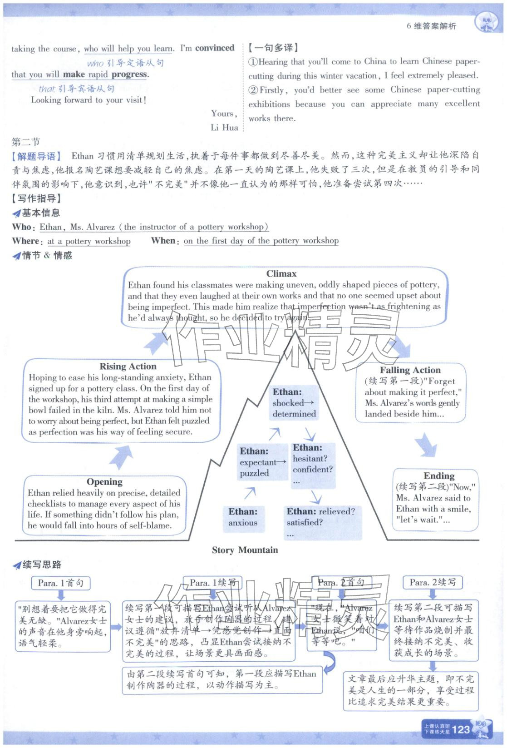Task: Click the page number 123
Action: [461, 729]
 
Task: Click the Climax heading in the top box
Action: [281, 273]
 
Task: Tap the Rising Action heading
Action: [128, 366]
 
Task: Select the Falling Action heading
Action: [410, 370]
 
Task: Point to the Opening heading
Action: [104, 481]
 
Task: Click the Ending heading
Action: [439, 476]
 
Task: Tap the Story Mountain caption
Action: [245, 550]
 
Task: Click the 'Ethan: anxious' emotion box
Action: [243, 517]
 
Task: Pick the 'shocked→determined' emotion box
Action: [294, 402]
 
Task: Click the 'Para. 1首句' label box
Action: [61, 583]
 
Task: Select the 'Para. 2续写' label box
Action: [433, 582]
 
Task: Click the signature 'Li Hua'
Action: [224, 128]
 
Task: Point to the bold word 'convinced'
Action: [215, 48]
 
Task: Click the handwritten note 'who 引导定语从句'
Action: [125, 63]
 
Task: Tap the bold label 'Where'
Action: [25, 241]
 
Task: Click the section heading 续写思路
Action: [42, 565]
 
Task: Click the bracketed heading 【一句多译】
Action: [272, 47]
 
